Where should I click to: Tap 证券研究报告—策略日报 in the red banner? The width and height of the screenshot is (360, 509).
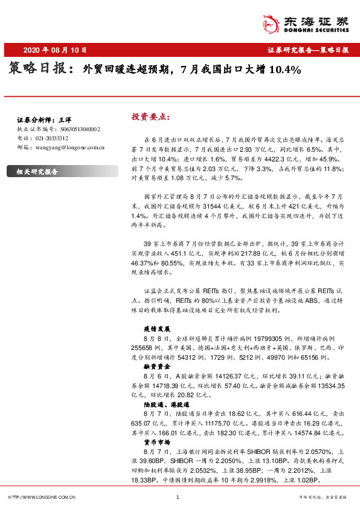[308, 50]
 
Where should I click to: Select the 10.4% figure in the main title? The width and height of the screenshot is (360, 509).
[284, 70]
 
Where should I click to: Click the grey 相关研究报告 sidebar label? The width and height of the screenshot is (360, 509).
[37, 172]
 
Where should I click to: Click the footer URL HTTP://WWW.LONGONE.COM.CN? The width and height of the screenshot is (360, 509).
[41, 497]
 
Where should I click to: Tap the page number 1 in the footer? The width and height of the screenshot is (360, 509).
[178, 497]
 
